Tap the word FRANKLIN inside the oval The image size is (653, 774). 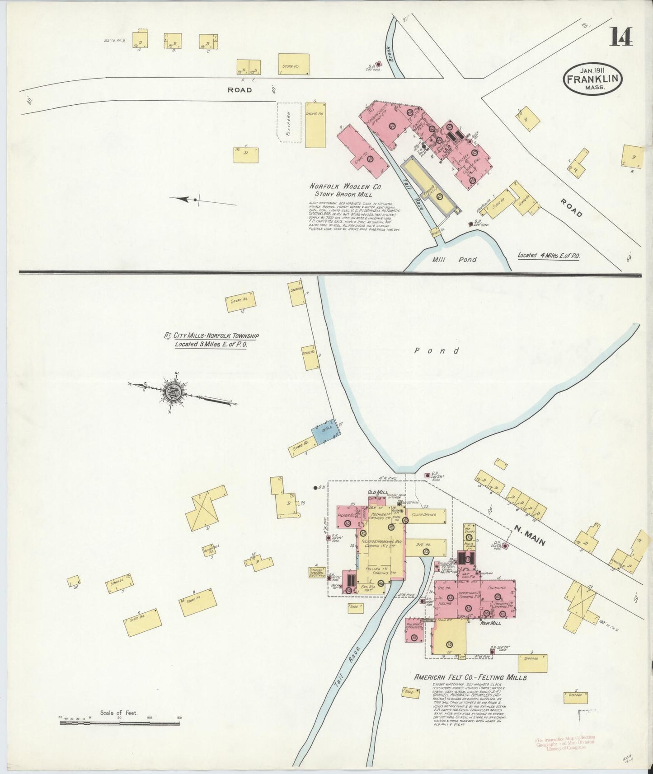(592, 79)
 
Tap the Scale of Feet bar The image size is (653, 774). (119, 723)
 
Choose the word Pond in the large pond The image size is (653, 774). (437, 351)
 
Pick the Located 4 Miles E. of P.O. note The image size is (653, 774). (549, 256)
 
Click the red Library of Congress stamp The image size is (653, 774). (565, 742)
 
